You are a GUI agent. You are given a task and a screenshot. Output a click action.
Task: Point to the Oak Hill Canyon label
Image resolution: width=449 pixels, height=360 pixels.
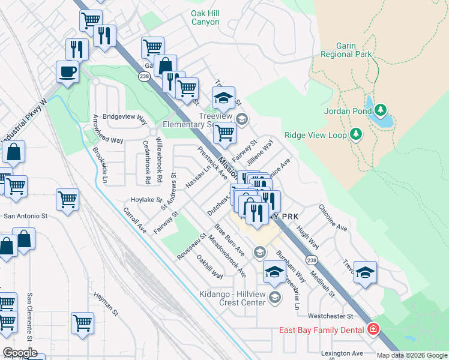click(205, 17)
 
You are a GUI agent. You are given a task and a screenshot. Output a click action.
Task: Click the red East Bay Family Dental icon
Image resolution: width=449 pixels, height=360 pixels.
click(373, 330)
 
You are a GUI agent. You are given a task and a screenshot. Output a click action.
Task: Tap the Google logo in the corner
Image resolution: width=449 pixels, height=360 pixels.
click(20, 353)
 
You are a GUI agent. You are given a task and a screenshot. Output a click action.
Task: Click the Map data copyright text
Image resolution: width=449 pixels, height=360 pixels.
click(412, 355)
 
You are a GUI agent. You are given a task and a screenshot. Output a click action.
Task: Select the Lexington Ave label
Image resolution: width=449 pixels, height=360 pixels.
click(342, 353)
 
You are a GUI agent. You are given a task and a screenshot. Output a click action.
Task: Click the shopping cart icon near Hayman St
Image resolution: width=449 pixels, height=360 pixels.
click(83, 323)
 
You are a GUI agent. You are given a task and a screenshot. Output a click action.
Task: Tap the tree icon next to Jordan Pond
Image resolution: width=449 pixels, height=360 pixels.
click(381, 110)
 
